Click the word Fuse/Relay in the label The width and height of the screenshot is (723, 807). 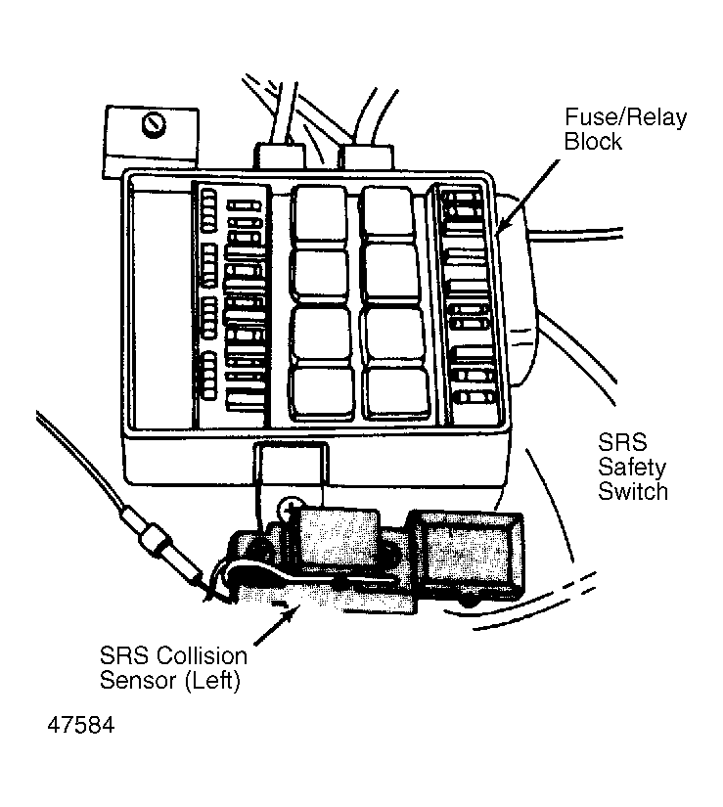pyautogui.click(x=625, y=118)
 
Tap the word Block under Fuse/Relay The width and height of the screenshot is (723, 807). pyautogui.click(x=593, y=142)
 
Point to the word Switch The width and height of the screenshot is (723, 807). pyautogui.click(x=632, y=491)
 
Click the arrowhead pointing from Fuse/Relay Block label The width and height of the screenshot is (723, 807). pyautogui.click(x=502, y=231)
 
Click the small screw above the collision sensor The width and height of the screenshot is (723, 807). pyautogui.click(x=289, y=506)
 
